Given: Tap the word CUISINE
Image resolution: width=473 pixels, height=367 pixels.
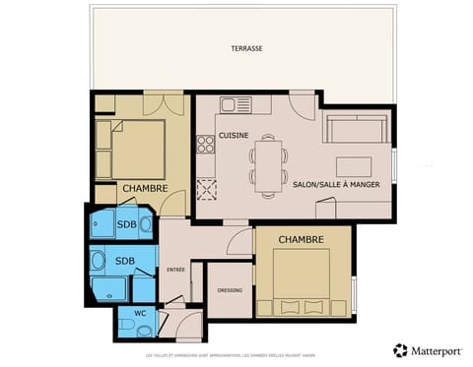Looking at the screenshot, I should (x=234, y=136).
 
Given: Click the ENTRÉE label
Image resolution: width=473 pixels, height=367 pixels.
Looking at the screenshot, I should (x=175, y=269).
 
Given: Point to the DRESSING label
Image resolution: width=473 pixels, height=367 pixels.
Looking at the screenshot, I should (x=229, y=289).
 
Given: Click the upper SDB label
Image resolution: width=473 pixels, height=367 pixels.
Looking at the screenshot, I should (x=126, y=224).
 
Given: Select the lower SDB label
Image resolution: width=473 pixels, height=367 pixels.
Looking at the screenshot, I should (x=124, y=261).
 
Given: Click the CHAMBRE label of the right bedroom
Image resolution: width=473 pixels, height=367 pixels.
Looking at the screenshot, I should (x=302, y=239).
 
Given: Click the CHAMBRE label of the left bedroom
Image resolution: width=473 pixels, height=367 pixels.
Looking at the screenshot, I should (x=144, y=188).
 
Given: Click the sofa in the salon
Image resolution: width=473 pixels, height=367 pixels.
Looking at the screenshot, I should (x=357, y=128).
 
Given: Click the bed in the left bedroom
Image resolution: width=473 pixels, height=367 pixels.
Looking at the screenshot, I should (x=137, y=148).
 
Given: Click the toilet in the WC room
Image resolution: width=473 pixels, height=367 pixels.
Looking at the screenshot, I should (x=127, y=324).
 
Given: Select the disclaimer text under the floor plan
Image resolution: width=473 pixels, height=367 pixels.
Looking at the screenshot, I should (x=236, y=355).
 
